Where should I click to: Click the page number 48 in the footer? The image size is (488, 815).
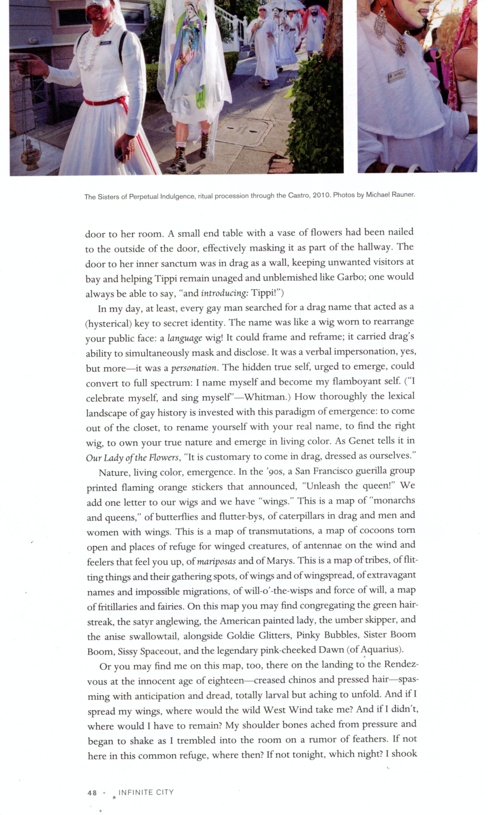(x=92, y=793)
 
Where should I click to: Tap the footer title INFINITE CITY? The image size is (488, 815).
(x=146, y=792)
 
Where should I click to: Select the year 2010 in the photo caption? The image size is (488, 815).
(x=321, y=195)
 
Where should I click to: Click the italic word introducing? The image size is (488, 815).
(x=224, y=292)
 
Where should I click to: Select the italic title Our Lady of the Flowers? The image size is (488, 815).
(x=132, y=458)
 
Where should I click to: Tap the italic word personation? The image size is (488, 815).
(x=194, y=368)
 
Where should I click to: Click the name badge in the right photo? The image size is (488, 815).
(x=397, y=75)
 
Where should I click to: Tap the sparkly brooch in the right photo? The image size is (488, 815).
(x=400, y=47)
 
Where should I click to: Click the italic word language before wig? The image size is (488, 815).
(x=185, y=338)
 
